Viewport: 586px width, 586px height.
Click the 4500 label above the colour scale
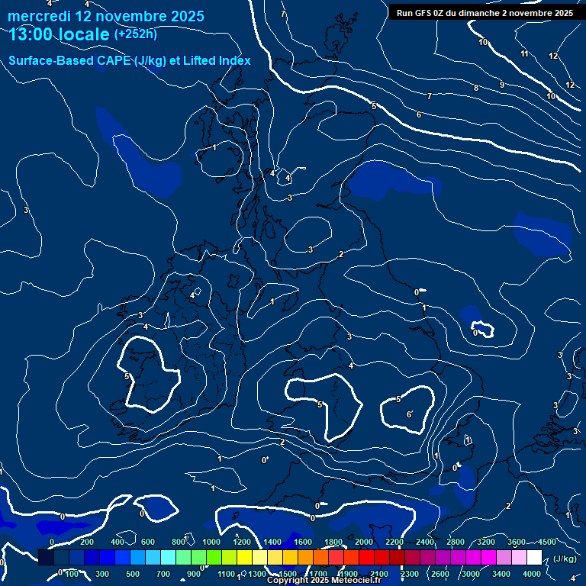(x=547, y=542)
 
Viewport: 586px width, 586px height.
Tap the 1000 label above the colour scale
(x=211, y=542)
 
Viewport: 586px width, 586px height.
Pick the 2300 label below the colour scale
(x=410, y=574)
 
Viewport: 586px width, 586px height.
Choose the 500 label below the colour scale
(x=133, y=574)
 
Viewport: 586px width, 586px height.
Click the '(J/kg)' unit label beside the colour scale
(x=565, y=559)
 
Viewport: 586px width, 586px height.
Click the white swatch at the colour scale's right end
(x=534, y=558)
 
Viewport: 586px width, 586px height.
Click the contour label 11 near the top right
(x=524, y=53)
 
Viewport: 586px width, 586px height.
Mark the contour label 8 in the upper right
(x=476, y=89)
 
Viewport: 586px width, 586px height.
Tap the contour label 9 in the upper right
(x=501, y=85)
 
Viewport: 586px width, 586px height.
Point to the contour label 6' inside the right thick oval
(x=410, y=414)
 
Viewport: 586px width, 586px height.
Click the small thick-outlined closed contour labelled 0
(x=481, y=331)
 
